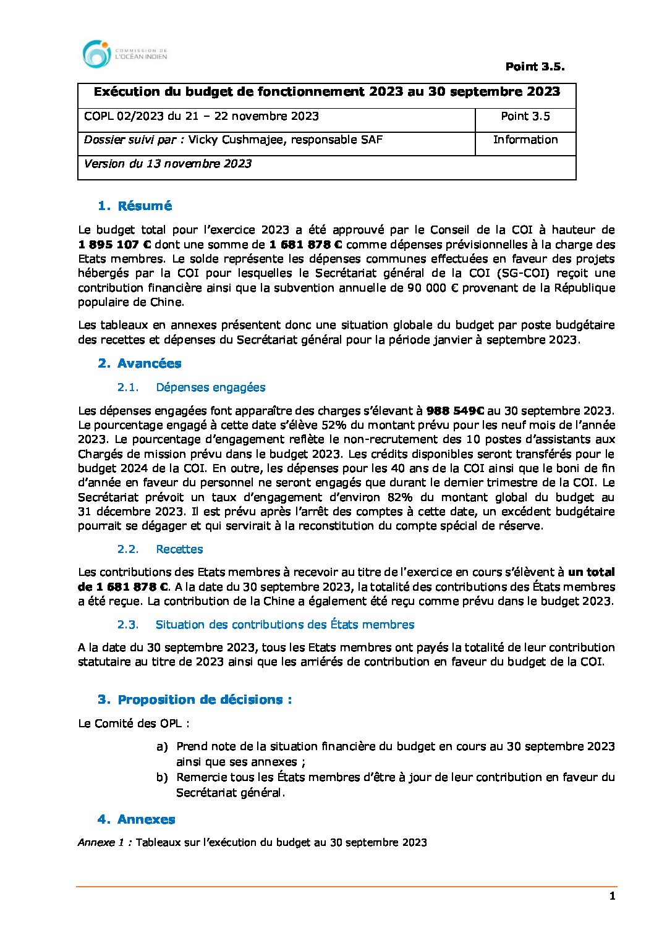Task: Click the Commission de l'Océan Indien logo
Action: [x=124, y=54]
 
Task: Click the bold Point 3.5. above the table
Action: [x=535, y=67]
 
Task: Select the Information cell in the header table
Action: [x=525, y=140]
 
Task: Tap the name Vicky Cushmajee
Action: [x=237, y=140]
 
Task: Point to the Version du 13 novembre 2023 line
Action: [x=168, y=164]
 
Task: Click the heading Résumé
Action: [x=145, y=206]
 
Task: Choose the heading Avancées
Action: [x=149, y=363]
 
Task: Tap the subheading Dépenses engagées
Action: [x=210, y=387]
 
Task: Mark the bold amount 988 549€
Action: [x=456, y=411]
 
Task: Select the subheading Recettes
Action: [x=179, y=549]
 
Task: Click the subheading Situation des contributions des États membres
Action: [x=284, y=625]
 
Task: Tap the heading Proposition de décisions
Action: [x=204, y=699]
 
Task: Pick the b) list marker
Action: [x=162, y=777]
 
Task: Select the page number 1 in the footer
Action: [x=612, y=897]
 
